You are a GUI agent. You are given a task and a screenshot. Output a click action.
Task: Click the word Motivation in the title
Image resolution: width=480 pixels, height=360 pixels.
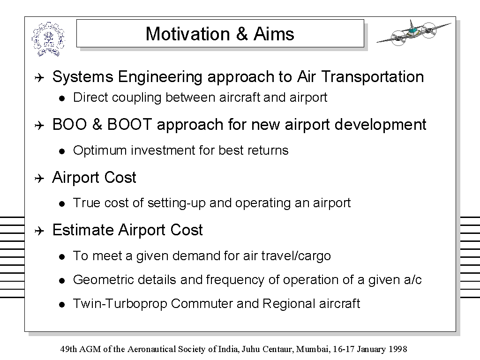point(187,34)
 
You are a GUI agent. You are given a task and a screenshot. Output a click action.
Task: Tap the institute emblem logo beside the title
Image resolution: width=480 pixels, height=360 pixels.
point(48,39)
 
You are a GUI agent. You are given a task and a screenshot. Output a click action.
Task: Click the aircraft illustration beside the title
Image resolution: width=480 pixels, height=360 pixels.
point(414,33)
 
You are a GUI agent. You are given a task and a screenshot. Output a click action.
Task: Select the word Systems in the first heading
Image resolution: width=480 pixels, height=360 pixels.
point(82,77)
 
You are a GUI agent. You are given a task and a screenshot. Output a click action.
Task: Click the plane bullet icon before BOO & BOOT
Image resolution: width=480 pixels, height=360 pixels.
point(39,126)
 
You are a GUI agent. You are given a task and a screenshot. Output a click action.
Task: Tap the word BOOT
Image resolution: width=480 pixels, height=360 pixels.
point(129,124)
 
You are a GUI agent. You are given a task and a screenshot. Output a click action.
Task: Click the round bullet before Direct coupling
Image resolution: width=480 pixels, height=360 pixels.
point(62,98)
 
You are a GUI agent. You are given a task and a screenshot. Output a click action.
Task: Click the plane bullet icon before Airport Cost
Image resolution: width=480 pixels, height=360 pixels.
point(39,178)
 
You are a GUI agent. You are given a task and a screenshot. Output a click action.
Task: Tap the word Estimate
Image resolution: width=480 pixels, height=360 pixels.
point(83,230)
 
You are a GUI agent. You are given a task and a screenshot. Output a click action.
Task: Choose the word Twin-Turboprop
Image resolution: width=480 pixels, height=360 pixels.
point(120,304)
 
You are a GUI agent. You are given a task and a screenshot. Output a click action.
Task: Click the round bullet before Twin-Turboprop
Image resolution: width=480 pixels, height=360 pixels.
point(62,305)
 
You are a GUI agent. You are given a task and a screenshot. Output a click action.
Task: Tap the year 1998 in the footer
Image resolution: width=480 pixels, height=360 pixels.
point(398,349)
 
